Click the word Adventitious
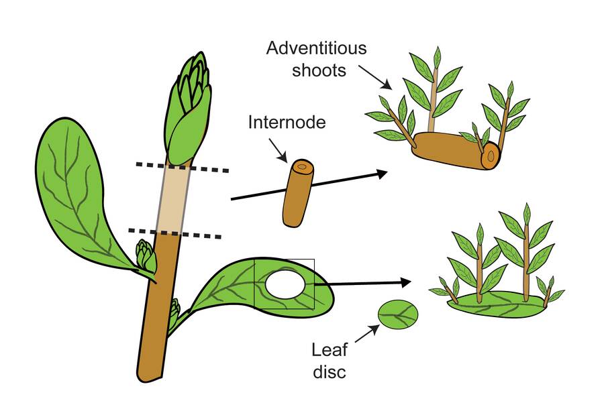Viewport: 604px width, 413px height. click(316, 48)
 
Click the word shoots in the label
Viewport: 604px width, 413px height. click(319, 70)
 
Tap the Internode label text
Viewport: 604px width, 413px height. click(287, 123)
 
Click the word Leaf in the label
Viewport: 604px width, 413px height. click(330, 350)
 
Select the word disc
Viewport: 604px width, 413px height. click(330, 372)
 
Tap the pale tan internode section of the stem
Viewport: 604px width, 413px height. click(172, 198)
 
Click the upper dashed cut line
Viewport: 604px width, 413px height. click(182, 167)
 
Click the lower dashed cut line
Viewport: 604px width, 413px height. click(175, 233)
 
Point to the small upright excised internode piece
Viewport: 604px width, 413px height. click(298, 192)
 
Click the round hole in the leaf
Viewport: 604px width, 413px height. click(286, 284)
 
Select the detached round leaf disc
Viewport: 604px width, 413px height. click(398, 314)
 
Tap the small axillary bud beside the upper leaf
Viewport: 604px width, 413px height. click(146, 255)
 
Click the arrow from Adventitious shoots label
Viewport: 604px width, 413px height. click(376, 77)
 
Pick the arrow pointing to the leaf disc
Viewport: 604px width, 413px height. click(367, 333)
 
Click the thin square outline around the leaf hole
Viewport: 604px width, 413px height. click(285, 259)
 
